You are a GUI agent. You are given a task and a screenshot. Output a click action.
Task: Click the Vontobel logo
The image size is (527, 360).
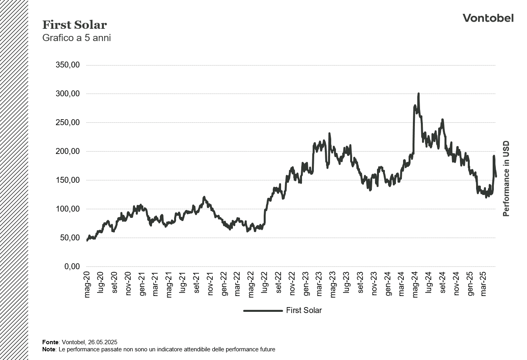488,18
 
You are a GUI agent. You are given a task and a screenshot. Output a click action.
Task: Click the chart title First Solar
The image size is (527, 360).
75,25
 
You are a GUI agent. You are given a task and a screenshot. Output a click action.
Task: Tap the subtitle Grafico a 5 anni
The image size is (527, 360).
77,38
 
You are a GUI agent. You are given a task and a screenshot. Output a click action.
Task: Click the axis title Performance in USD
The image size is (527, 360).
506,179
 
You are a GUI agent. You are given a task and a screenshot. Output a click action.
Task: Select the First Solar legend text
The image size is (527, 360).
304,311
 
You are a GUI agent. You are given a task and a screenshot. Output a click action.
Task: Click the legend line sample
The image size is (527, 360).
263,311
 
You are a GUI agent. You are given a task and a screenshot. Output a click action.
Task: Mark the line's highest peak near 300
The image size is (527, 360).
418,94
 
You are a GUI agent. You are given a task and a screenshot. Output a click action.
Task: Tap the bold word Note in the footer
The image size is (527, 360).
49,349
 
